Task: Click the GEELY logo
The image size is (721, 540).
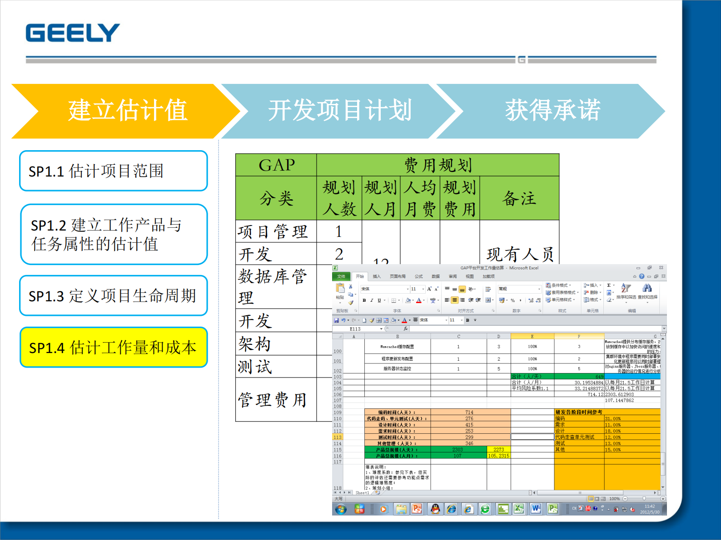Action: (73, 33)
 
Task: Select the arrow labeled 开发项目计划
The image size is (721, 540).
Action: (340, 111)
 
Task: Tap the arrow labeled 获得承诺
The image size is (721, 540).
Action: (552, 111)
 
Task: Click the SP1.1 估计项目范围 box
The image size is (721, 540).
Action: (113, 171)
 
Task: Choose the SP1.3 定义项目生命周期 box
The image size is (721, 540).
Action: (113, 295)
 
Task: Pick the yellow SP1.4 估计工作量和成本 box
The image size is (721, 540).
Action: (113, 347)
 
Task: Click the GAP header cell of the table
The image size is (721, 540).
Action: (276, 165)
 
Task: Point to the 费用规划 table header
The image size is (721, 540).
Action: (438, 165)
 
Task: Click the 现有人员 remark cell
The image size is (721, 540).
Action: (520, 254)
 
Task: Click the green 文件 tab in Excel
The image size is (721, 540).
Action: (341, 276)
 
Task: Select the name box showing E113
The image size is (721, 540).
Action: (359, 329)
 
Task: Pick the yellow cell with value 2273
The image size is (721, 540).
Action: (498, 450)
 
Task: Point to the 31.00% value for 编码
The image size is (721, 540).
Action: (613, 419)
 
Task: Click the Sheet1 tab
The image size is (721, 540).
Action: (362, 493)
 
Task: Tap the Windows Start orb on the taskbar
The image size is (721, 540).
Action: (341, 509)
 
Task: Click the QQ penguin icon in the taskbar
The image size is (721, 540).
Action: (435, 509)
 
